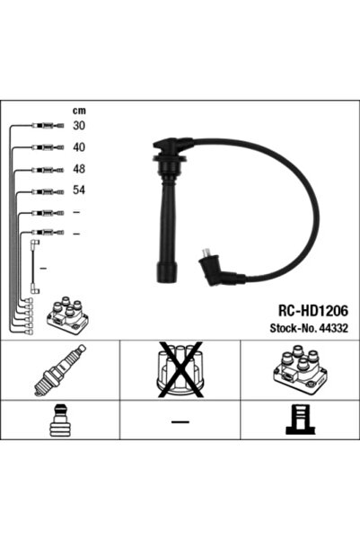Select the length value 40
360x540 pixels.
click(x=78, y=146)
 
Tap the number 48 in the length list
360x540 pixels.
click(x=78, y=168)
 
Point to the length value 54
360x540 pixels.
click(x=78, y=190)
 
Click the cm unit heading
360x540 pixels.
click(x=78, y=110)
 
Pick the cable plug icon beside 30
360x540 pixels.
click(x=46, y=126)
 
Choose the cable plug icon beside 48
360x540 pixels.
click(x=46, y=169)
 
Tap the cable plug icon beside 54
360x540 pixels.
click(x=46, y=190)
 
